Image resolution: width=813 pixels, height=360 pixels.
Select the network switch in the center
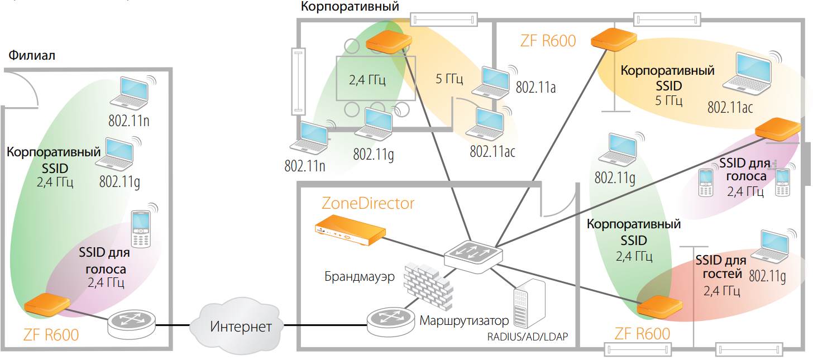point(474,254)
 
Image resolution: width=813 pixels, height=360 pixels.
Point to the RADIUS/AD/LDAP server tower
point(528,306)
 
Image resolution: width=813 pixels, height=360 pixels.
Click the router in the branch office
point(131,323)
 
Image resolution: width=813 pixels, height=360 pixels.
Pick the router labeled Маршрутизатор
point(390,322)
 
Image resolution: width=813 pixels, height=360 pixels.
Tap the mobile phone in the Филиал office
point(142,229)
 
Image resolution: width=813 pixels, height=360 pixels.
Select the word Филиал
point(31,56)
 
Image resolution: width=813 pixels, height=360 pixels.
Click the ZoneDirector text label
point(368,203)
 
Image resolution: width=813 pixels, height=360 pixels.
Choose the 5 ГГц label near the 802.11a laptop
point(449,79)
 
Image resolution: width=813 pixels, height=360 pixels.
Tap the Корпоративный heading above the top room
point(350,7)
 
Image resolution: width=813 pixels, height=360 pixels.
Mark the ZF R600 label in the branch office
point(51,335)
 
